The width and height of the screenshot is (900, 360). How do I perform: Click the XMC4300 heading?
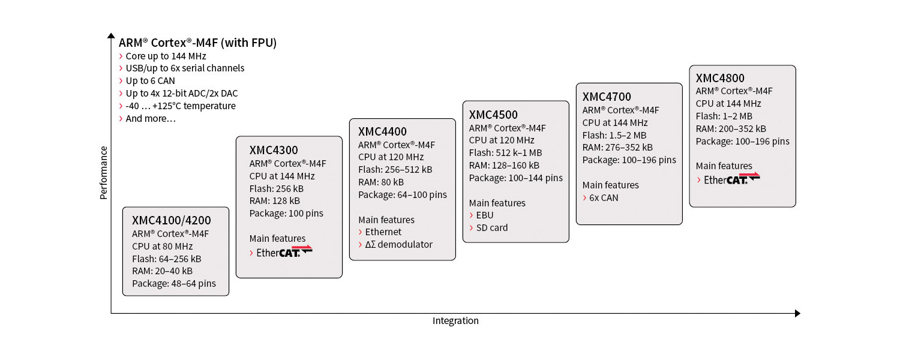coord(274,150)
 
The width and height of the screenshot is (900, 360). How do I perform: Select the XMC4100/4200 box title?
coord(171,220)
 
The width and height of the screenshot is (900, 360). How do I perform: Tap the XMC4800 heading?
coord(720,78)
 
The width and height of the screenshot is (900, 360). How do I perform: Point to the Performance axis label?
coord(104,173)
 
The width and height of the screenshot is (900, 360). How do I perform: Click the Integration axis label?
coord(455,320)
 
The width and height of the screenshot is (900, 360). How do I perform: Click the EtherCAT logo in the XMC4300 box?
coord(284,251)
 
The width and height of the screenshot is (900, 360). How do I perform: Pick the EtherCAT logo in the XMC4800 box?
coord(731,179)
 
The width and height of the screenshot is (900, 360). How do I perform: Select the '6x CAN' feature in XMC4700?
coord(604,197)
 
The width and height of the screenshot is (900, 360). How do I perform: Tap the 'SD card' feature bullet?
coord(492,228)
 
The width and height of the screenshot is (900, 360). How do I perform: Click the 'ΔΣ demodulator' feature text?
coord(398,244)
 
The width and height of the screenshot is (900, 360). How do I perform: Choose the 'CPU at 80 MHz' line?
coord(163,246)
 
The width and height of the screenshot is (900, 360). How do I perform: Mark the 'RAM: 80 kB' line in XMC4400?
coord(381,182)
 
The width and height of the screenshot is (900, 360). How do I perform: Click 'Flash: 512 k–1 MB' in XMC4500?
coord(505,152)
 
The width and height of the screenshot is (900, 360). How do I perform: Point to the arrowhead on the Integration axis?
coord(797,313)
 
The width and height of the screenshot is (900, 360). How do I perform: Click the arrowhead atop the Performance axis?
coord(111,36)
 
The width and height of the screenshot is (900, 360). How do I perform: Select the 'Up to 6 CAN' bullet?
coord(150,81)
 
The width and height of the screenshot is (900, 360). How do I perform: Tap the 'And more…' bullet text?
coord(151,119)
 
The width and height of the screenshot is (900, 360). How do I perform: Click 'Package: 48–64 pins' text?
coord(174,284)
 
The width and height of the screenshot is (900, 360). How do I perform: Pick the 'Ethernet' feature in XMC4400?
coord(383,232)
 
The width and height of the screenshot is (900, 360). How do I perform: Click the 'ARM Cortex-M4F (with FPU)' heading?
coord(197,43)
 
